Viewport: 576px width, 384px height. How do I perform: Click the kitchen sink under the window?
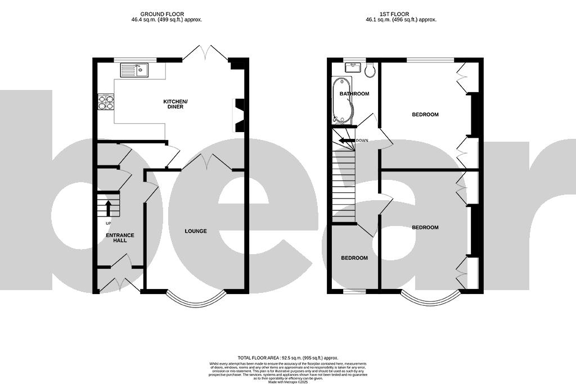[134, 70]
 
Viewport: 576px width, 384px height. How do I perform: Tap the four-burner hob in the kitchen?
[106, 102]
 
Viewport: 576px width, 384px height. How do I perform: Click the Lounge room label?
[196, 231]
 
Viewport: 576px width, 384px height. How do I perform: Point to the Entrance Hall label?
[120, 237]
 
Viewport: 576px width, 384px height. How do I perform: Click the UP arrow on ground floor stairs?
[107, 208]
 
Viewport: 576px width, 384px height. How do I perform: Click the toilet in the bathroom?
[370, 70]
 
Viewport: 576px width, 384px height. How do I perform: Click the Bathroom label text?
[354, 94]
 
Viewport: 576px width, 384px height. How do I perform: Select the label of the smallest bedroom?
[354, 258]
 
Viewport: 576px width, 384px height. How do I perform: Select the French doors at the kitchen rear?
[205, 54]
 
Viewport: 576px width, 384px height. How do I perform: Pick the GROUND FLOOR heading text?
[162, 14]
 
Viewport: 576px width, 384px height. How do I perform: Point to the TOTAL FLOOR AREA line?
[287, 358]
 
